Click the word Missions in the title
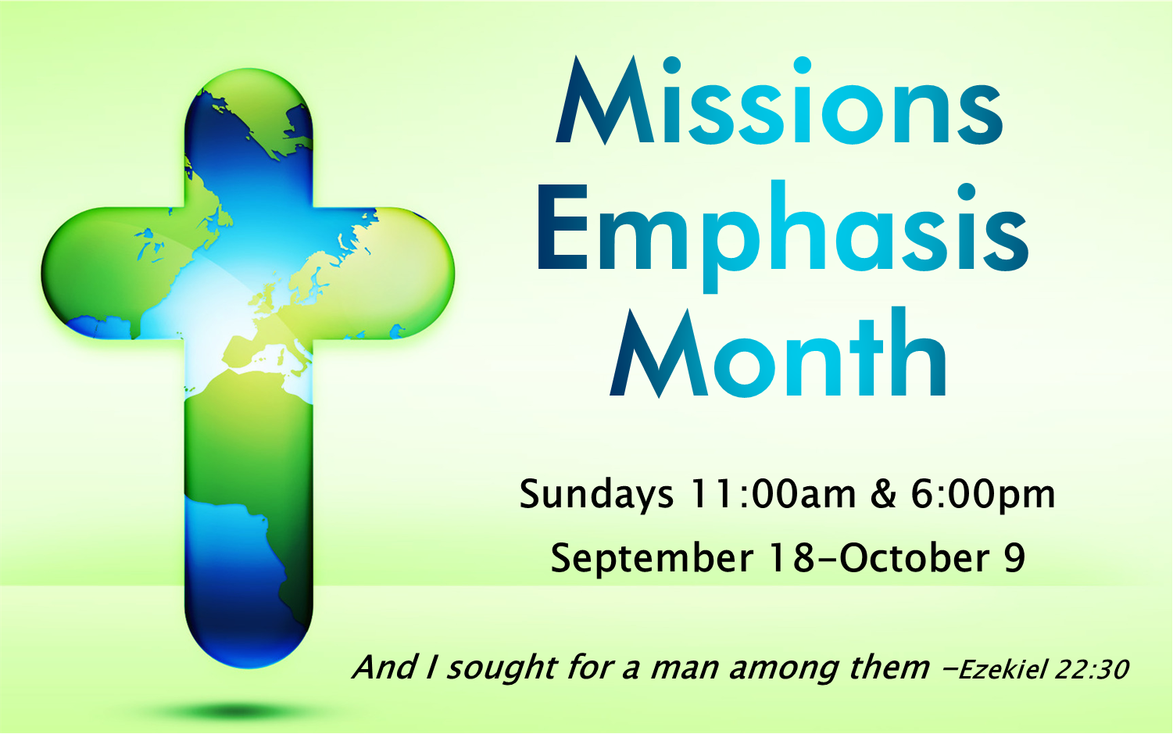[779, 104]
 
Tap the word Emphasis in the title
[782, 231]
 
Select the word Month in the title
[779, 356]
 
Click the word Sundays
[596, 495]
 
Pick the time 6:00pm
[982, 495]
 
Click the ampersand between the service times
[883, 494]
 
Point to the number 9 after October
[1014, 558]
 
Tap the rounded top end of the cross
[249, 102]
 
